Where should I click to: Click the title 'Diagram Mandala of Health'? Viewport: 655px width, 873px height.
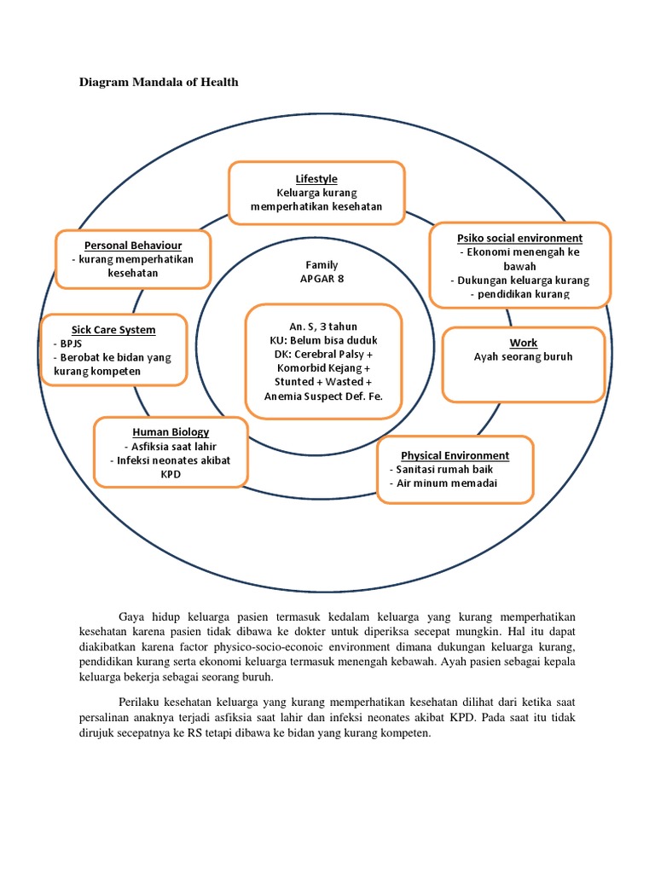pyautogui.click(x=159, y=83)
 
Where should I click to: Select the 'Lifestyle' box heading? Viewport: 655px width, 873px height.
pyautogui.click(x=316, y=179)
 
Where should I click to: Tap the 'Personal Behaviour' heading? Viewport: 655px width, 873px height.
pyautogui.click(x=132, y=246)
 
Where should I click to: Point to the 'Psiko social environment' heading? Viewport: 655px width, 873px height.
pyautogui.click(x=519, y=238)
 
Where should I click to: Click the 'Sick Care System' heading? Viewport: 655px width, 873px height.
pyautogui.click(x=113, y=329)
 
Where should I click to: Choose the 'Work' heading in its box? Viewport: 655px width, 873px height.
pyautogui.click(x=524, y=343)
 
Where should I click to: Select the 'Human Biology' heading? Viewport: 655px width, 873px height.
pyautogui.click(x=171, y=432)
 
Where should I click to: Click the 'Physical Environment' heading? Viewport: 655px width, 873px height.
pyautogui.click(x=455, y=455)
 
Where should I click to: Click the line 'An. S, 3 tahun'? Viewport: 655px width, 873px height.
pyautogui.click(x=322, y=326)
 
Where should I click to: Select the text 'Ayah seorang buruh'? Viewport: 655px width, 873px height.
pyautogui.click(x=524, y=356)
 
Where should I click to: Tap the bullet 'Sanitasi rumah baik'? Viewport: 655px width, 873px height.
pyautogui.click(x=442, y=469)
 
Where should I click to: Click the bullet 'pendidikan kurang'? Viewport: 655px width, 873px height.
pyautogui.click(x=519, y=294)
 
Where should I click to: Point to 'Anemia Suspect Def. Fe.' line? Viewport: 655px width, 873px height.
pyautogui.click(x=323, y=396)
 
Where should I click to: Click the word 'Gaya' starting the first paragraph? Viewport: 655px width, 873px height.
pyautogui.click(x=133, y=616)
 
